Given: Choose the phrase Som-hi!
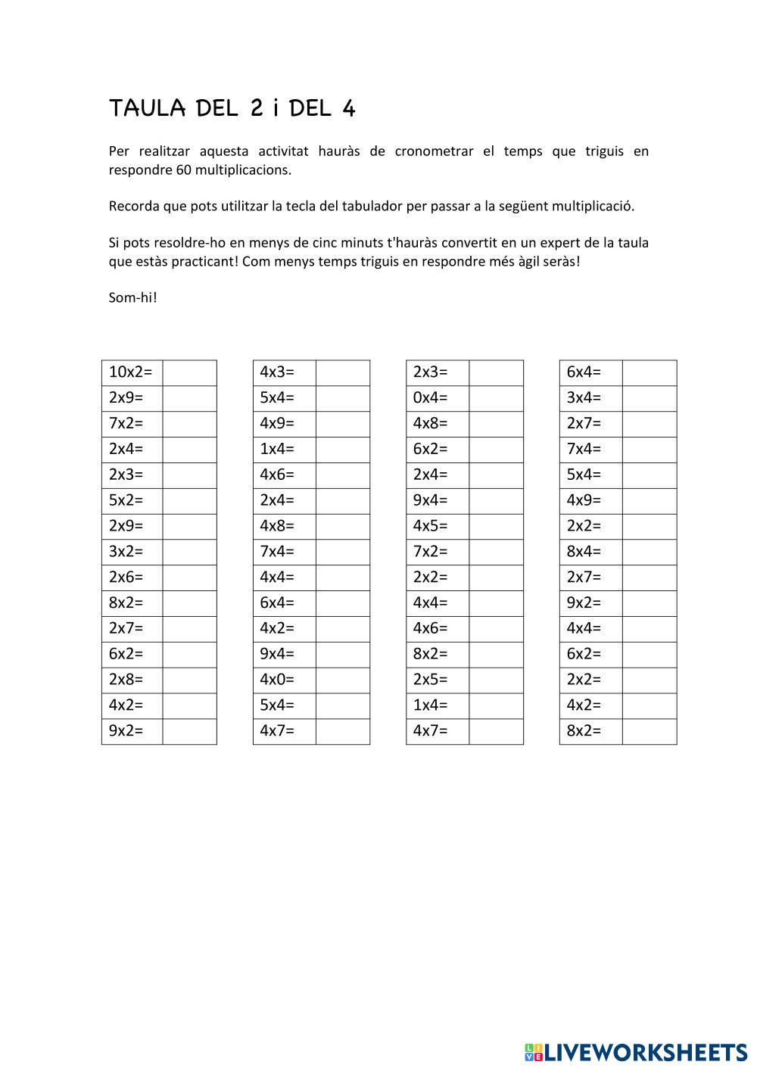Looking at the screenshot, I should point(133,297).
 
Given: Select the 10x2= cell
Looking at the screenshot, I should point(132,372).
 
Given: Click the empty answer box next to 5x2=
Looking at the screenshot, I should point(189,500).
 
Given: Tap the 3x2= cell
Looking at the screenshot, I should point(132,552).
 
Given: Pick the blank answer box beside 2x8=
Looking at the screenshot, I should point(189,680).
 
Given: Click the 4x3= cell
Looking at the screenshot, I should point(284,372).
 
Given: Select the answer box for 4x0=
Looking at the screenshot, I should point(342,680).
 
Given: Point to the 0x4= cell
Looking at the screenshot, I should point(437,398).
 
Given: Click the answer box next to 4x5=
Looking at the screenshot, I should point(496,526).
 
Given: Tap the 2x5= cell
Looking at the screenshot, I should point(437,680).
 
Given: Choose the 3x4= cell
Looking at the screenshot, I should point(590,398).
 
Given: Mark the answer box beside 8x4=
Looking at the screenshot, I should point(650,552).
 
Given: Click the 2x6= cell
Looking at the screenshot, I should point(132,578).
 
